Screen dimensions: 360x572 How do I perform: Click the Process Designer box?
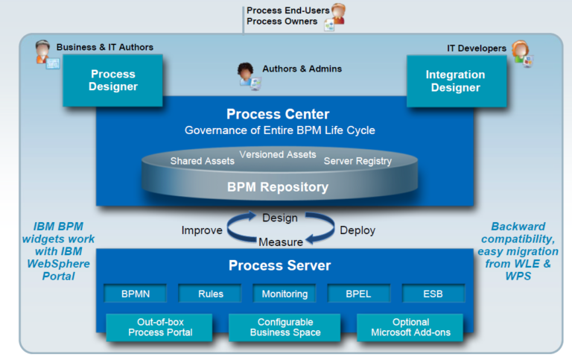(114, 80)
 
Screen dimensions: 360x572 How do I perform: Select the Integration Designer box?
(455, 81)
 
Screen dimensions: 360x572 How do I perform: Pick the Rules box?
(211, 294)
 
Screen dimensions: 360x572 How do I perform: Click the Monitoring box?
(285, 294)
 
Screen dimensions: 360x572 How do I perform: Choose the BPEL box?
(359, 294)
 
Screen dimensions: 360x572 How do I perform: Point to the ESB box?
(433, 294)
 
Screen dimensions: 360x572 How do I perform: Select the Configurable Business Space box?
(285, 327)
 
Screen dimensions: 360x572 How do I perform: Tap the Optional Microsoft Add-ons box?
(410, 327)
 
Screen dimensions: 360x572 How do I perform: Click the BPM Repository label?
(277, 187)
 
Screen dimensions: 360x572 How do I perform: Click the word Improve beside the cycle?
(201, 230)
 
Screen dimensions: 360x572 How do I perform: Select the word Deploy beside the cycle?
(357, 230)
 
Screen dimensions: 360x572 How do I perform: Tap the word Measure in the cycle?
(280, 242)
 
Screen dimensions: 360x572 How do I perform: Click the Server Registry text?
(357, 161)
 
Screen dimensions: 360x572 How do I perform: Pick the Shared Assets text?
(202, 161)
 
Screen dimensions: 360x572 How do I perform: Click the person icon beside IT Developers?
(521, 54)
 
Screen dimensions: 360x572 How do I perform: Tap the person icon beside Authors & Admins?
(248, 74)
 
